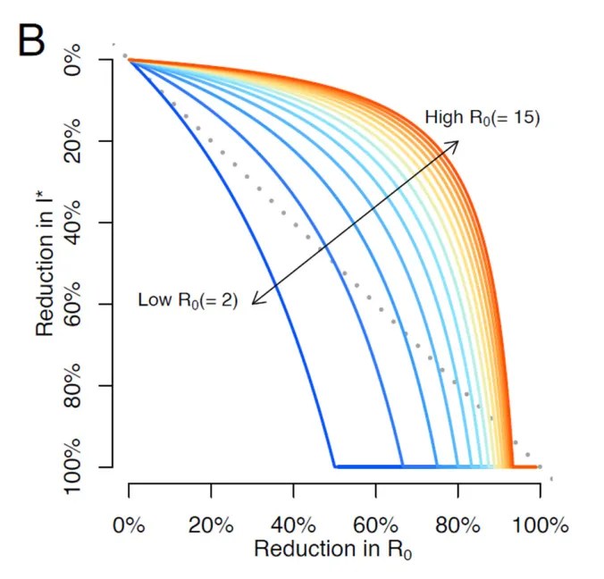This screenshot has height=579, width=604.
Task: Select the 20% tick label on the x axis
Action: (211, 524)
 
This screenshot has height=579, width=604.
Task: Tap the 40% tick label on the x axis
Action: (293, 524)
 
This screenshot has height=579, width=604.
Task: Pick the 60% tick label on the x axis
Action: (375, 524)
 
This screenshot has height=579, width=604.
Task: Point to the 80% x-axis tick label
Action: (457, 524)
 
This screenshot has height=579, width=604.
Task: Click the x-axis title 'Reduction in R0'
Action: (333, 550)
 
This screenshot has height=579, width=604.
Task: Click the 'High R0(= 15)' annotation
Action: (482, 117)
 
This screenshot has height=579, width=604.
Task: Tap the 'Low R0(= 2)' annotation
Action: (188, 299)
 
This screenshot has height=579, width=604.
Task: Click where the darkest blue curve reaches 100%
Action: (334, 466)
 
